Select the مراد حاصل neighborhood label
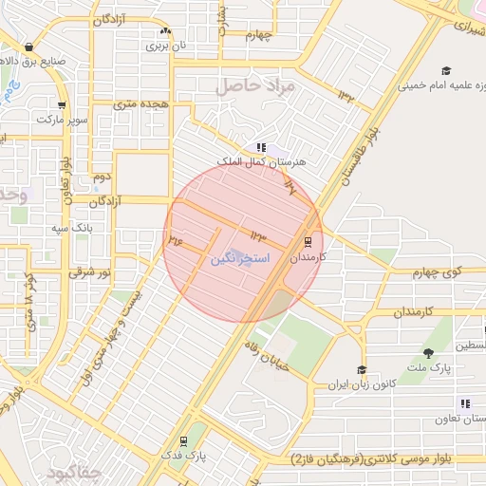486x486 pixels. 256,86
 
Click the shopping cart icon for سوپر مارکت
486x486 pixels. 62,105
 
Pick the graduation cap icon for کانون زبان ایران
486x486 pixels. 361,370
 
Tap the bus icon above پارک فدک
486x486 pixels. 182,441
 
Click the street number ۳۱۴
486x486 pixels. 174,241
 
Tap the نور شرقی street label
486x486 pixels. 89,271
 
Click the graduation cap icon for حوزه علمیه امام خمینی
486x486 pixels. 446,70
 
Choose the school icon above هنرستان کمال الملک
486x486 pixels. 261,147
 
